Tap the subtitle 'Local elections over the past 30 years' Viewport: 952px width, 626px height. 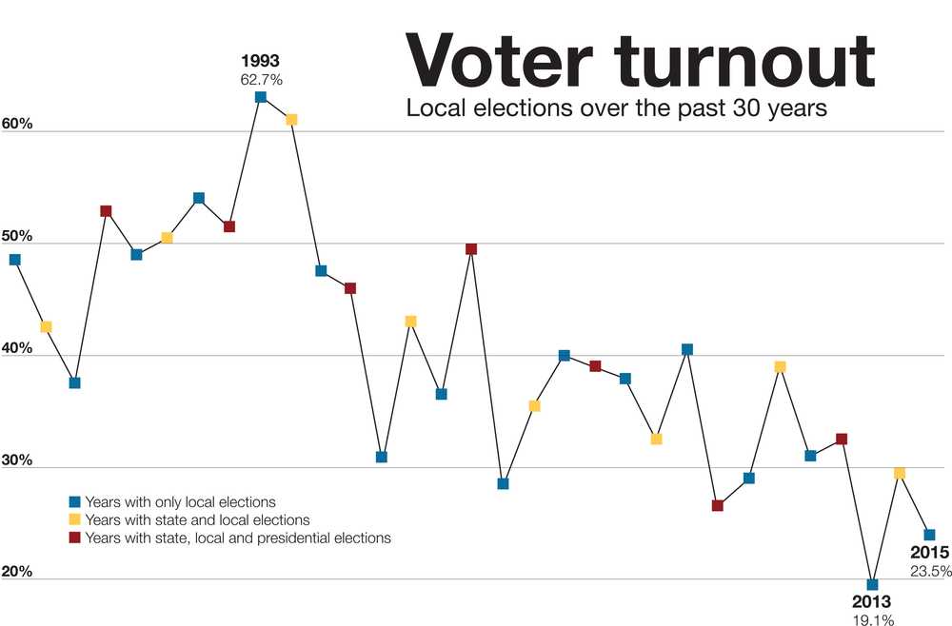(x=617, y=108)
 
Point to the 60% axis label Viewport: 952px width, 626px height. (x=17, y=125)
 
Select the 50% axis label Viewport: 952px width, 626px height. (x=17, y=236)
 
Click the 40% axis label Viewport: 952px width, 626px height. (x=17, y=348)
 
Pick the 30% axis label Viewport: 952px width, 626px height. (x=17, y=460)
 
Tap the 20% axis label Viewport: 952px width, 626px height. (x=17, y=573)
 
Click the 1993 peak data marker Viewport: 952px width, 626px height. (x=261, y=97)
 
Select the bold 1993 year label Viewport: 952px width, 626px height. (x=261, y=62)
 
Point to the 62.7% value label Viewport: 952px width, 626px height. (x=261, y=80)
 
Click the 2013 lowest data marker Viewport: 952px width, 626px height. (x=872, y=584)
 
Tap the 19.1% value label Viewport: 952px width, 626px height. (x=872, y=619)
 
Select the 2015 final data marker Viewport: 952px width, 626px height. (x=929, y=535)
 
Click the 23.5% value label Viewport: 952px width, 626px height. (x=929, y=571)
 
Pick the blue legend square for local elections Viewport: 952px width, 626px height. (x=75, y=501)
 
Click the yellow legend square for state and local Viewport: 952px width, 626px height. (x=75, y=519)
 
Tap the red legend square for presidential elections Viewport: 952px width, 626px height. (x=75, y=538)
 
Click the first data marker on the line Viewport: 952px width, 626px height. (x=14, y=259)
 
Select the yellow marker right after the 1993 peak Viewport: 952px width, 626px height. (x=291, y=119)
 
